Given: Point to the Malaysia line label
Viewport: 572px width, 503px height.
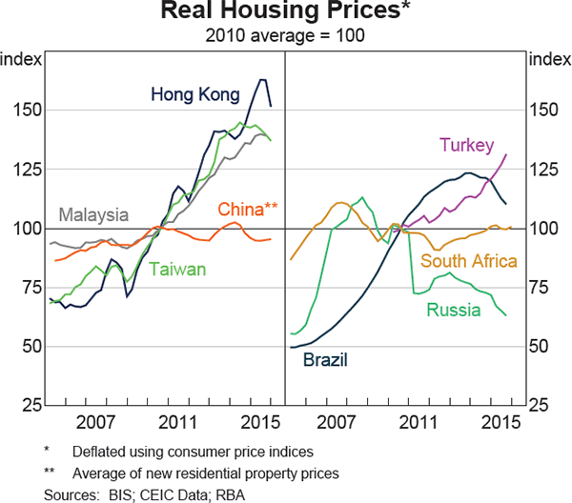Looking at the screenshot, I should [93, 212].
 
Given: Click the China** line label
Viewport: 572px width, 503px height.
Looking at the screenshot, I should [248, 209].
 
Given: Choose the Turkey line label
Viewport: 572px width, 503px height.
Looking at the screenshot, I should [466, 145].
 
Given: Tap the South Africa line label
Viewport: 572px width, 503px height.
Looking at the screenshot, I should [469, 261].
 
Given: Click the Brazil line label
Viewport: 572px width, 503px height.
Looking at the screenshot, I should [325, 359].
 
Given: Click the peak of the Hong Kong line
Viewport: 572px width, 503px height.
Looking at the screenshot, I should [263, 80].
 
